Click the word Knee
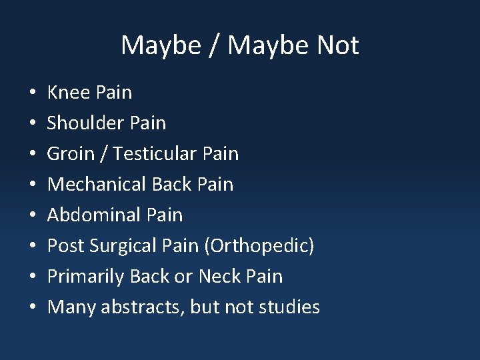[x=69, y=92]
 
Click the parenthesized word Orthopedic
[x=259, y=245]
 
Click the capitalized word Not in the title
[x=338, y=45]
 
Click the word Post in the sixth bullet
[x=65, y=245]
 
